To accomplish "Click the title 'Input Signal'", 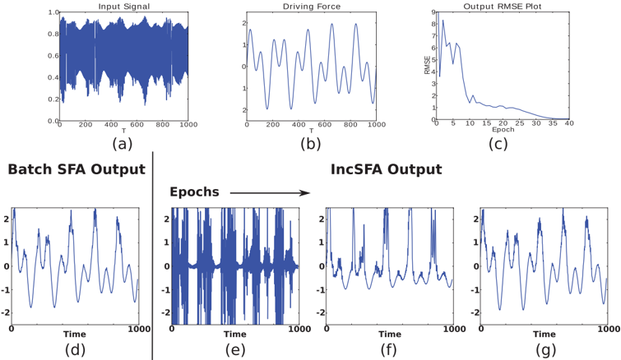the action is (123, 7).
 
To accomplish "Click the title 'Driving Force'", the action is (311, 7).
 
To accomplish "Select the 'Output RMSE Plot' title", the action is (503, 7).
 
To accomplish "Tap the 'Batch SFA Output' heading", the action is (76, 169).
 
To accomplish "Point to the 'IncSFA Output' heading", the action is (386, 169).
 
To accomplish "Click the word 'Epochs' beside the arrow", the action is (194, 192).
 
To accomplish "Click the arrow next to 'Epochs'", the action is (270, 193).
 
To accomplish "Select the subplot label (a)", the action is (122, 144).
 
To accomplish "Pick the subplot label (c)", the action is (498, 144).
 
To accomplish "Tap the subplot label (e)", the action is (235, 349).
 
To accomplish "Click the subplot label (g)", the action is (546, 349).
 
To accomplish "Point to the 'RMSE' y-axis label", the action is (428, 64).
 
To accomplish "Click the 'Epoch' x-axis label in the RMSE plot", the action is (503, 129).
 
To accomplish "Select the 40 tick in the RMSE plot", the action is (569, 123).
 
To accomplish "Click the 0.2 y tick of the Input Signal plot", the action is (53, 99).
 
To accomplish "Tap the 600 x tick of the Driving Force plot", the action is (324, 125).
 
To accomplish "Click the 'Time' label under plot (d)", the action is (75, 335).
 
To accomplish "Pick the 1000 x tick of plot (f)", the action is (453, 329).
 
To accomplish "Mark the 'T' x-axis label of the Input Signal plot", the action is (123, 131).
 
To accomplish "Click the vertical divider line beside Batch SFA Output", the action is (153, 255).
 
